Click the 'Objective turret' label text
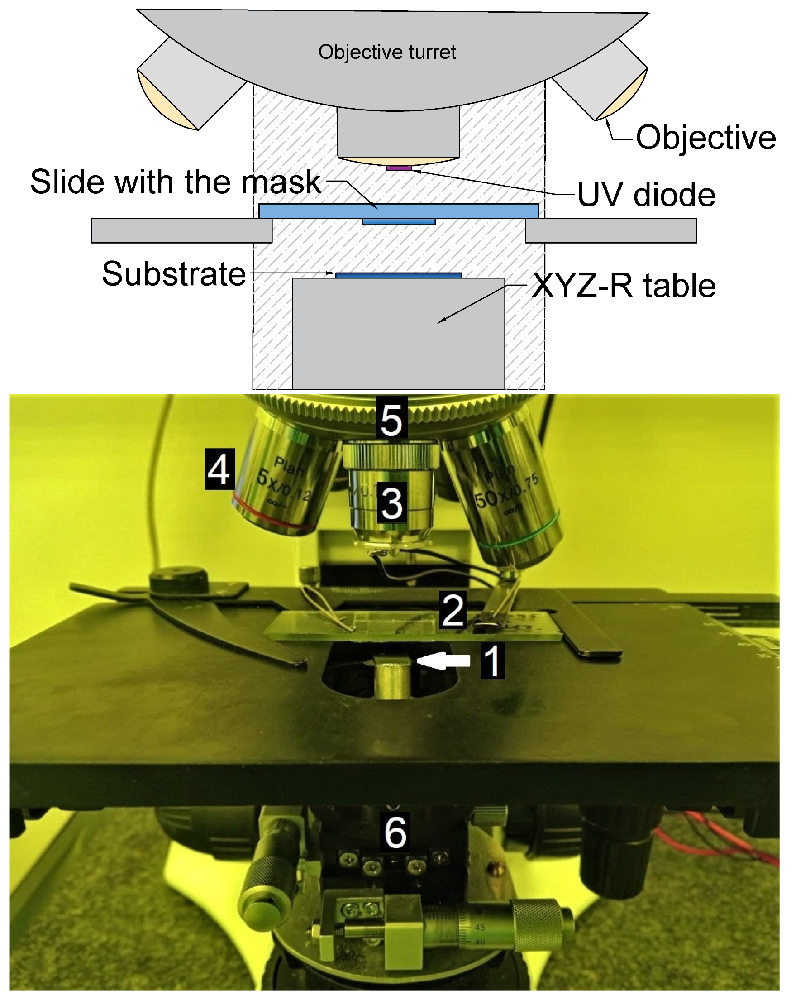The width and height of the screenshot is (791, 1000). click(x=387, y=52)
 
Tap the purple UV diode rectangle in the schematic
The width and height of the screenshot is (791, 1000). click(x=399, y=168)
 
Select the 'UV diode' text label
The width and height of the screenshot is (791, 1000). click(x=646, y=195)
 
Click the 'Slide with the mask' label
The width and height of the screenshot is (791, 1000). click(x=176, y=182)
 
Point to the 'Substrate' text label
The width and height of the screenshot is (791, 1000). click(x=174, y=274)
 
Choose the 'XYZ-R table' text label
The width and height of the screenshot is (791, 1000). click(x=624, y=285)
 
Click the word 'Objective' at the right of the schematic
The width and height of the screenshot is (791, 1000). click(x=705, y=138)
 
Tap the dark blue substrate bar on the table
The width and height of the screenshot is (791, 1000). click(x=398, y=276)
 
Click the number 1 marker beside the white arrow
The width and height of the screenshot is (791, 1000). click(x=492, y=661)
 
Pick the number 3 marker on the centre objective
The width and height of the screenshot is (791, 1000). click(x=392, y=502)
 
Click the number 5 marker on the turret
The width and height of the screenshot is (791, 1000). click(x=391, y=418)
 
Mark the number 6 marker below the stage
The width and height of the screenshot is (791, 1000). click(x=395, y=833)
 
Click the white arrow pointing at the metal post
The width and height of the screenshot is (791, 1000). click(x=443, y=661)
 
